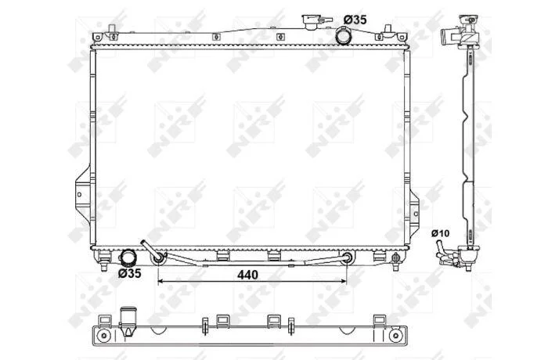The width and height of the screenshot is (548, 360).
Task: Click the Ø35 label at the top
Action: click(x=355, y=20)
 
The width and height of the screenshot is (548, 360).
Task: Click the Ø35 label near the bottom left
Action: click(x=130, y=273)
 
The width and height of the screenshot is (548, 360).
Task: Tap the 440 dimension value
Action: click(x=247, y=275)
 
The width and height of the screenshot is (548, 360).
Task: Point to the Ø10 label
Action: click(x=440, y=233)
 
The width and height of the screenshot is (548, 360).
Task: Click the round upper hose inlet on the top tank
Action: click(x=343, y=37)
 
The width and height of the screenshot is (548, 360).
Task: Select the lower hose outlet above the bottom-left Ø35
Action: click(x=128, y=257)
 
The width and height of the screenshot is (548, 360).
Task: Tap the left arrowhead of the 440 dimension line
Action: click(x=160, y=281)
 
